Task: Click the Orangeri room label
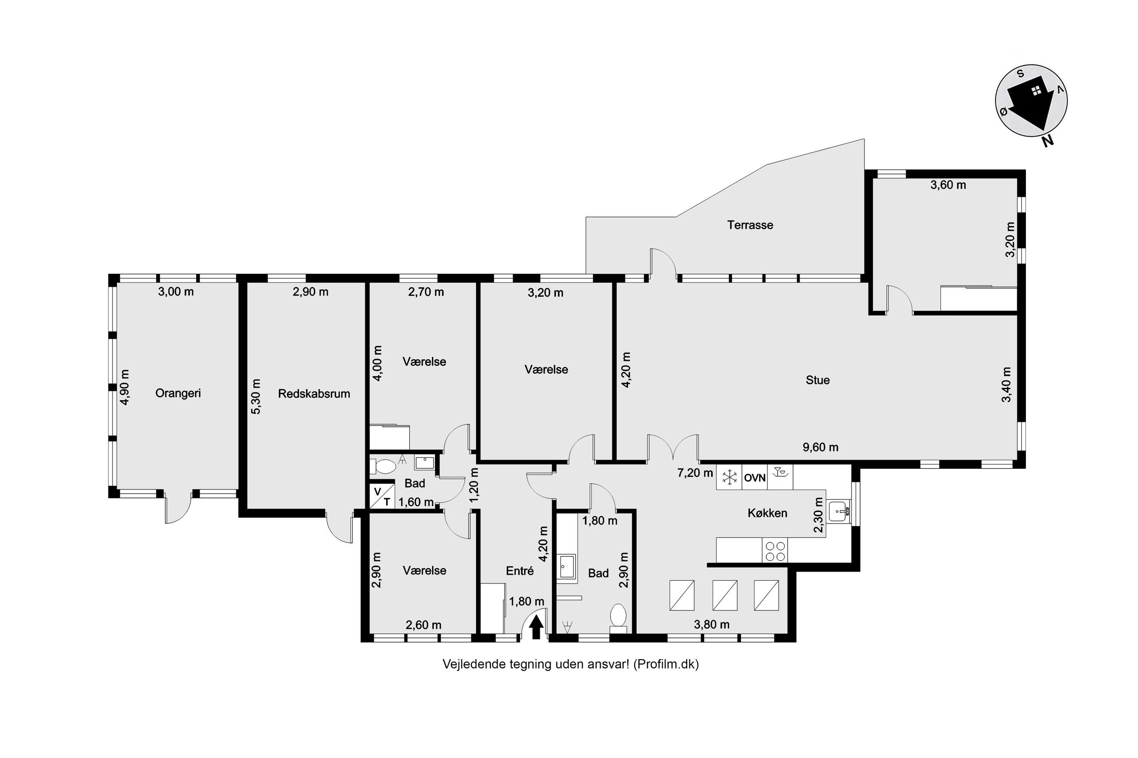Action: point(178,394)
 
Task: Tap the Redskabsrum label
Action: point(314,394)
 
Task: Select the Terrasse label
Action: point(750,225)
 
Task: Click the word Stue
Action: point(817,380)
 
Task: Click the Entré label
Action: point(520,571)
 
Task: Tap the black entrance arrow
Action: point(535,629)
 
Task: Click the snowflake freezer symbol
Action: point(729,478)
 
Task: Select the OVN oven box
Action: point(755,478)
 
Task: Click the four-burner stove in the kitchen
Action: point(775,551)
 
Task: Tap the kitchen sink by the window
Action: point(839,511)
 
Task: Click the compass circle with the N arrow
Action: point(1031,101)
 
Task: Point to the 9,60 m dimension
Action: point(820,447)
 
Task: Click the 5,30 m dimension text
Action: point(256,396)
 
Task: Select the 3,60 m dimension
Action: point(948,185)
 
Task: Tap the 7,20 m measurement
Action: point(695,473)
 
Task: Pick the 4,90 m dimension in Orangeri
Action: point(125,387)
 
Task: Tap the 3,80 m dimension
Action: point(711,624)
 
